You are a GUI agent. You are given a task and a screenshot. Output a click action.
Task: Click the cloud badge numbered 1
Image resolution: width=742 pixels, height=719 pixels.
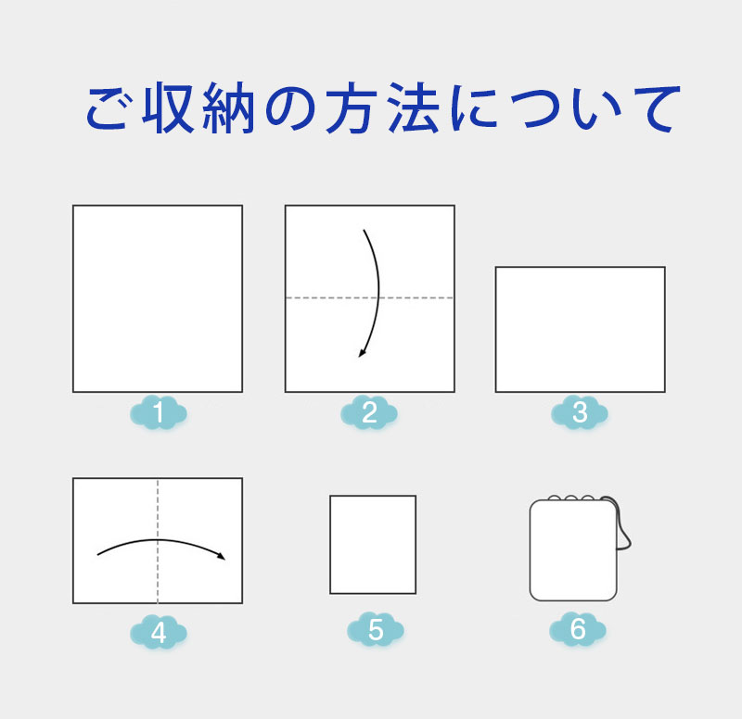coord(159,412)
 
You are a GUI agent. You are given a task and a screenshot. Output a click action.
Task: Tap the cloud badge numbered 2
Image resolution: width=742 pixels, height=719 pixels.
coord(369,412)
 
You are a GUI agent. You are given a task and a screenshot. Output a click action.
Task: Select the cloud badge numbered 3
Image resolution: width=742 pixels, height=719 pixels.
coord(580,412)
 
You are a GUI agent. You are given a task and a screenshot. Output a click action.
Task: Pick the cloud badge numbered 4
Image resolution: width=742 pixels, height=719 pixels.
coord(159,632)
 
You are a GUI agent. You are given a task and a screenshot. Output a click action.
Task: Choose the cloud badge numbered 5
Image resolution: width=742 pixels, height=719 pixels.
coord(376,629)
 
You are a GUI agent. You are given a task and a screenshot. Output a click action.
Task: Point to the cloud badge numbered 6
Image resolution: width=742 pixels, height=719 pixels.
coord(578,629)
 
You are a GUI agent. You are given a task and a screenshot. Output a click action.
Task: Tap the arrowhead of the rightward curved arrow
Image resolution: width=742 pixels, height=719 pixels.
coord(222,556)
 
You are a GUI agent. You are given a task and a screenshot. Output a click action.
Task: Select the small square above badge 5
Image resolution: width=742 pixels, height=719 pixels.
coord(373,545)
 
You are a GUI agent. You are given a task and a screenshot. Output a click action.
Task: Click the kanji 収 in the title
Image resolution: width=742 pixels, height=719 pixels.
coord(169,107)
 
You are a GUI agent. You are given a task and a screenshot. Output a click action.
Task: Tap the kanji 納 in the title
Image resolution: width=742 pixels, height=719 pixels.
coord(229,107)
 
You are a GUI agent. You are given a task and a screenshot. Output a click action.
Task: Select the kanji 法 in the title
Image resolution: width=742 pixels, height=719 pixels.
coord(414,107)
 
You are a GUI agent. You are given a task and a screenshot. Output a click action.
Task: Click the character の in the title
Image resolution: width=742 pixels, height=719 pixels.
coord(290,108)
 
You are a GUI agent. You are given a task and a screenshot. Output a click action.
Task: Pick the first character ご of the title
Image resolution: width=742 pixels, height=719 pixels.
coord(108,108)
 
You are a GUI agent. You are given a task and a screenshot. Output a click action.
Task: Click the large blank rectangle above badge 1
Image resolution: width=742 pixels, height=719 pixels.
coord(158,298)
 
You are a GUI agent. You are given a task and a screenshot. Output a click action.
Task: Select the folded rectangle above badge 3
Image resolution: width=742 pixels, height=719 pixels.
coord(581,330)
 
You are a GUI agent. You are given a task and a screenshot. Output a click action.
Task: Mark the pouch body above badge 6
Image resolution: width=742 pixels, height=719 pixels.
coord(573,550)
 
